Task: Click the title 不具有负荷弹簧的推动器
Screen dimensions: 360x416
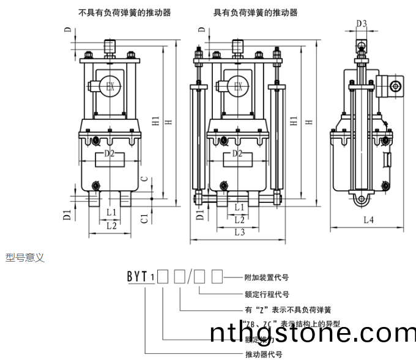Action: [x=125, y=12]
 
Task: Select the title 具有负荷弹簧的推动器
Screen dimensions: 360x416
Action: [x=255, y=12]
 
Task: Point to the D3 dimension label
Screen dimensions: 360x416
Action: [x=362, y=24]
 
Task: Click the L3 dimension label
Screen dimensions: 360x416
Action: [x=239, y=232]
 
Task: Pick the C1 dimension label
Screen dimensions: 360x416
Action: [x=144, y=218]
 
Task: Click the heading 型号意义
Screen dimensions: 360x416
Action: [x=25, y=258]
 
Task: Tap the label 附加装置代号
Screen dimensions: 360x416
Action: [x=266, y=277]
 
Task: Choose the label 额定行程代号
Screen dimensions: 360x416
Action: [x=266, y=293]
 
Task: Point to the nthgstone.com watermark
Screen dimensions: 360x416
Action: [x=312, y=333]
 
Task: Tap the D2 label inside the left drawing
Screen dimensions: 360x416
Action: [x=109, y=153]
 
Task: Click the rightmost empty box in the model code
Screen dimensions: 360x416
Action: [x=217, y=277]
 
